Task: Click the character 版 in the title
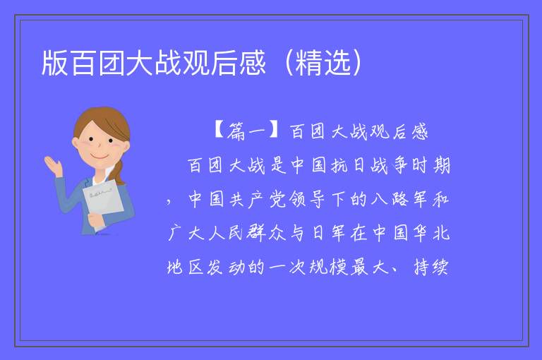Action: coord(54,63)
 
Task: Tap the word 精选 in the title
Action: coord(323,63)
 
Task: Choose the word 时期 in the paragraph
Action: coord(431,165)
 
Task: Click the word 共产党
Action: coord(258,199)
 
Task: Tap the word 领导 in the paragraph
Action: coord(307,199)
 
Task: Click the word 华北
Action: coord(431,233)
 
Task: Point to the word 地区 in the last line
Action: coord(186,267)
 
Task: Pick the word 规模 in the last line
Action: coord(328,267)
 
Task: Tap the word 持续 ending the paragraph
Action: coord(431,267)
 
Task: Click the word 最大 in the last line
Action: coord(368,267)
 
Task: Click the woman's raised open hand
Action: coord(52,165)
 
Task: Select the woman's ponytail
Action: coord(117,172)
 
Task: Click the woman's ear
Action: coord(75,143)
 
